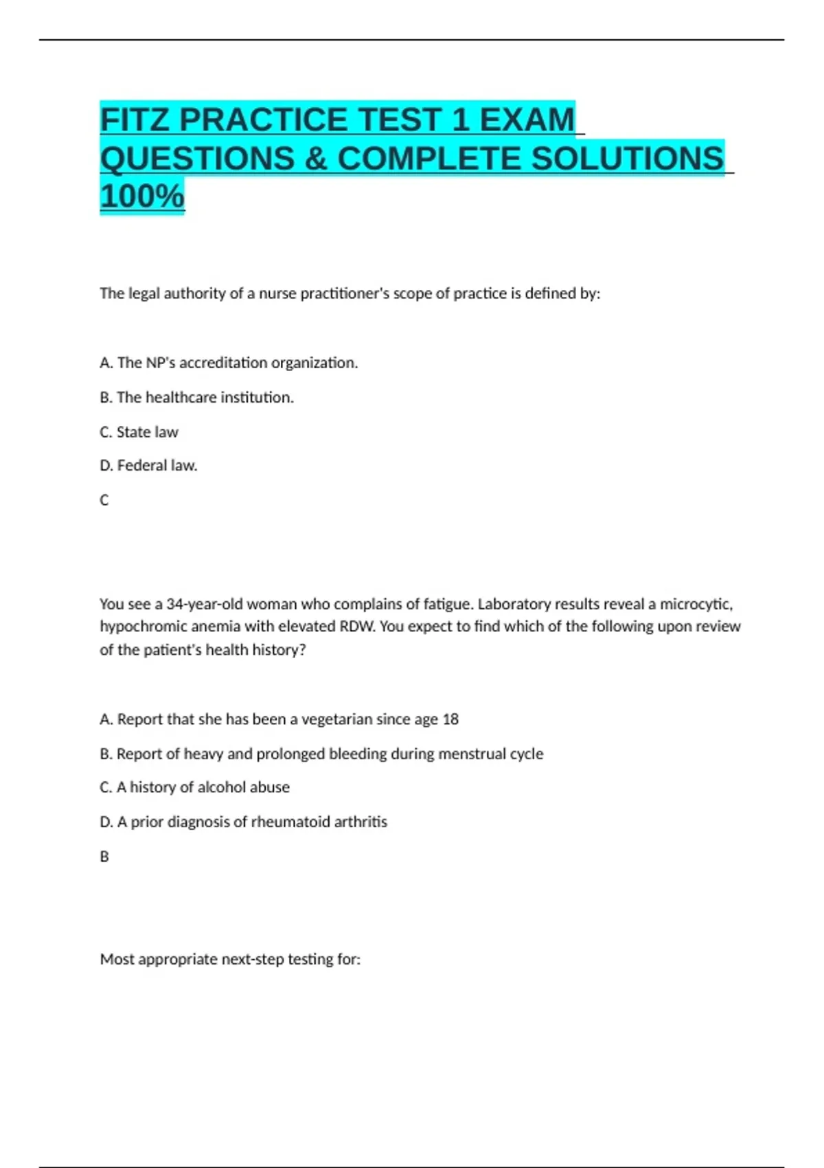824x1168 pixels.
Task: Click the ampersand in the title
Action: (x=315, y=159)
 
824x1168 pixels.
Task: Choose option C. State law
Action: (x=139, y=432)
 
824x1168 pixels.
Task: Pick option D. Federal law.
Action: (x=148, y=466)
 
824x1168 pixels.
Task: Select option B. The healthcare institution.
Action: (x=196, y=398)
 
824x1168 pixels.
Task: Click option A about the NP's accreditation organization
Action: (x=229, y=363)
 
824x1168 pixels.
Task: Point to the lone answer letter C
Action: (x=104, y=500)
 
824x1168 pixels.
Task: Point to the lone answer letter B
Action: (x=104, y=857)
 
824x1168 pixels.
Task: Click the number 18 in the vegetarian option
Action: (x=450, y=719)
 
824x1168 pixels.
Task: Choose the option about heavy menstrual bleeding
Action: (x=321, y=754)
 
